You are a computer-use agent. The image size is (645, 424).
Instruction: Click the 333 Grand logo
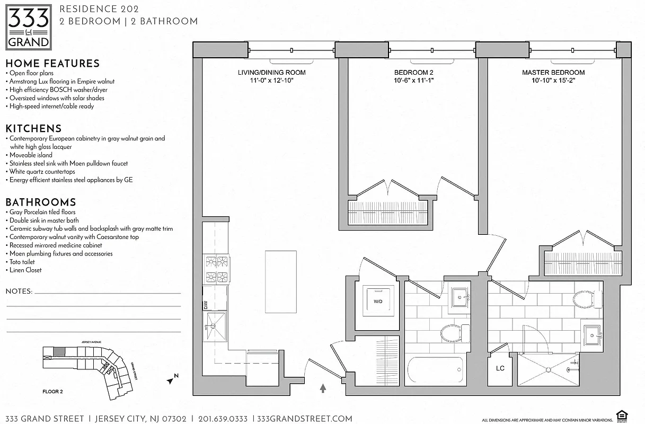pos(29,26)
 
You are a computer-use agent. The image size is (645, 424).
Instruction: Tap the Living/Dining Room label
pos(271,73)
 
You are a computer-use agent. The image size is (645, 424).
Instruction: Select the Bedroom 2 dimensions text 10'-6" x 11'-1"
pos(414,81)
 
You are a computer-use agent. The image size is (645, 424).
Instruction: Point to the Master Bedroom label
pos(553,73)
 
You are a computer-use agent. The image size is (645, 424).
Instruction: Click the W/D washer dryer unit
pos(378,301)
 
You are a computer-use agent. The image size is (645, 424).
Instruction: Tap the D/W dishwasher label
pos(206,305)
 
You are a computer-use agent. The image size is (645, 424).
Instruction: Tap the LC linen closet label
pos(500,368)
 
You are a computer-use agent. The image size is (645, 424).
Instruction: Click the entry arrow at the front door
pos(323,389)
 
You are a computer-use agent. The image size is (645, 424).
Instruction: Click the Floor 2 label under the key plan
pos(52,392)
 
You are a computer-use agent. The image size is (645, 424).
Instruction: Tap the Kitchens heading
pos(33,128)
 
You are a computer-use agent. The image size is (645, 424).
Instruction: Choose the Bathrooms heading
pos(40,202)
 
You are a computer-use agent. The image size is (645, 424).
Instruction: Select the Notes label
pos(19,291)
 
